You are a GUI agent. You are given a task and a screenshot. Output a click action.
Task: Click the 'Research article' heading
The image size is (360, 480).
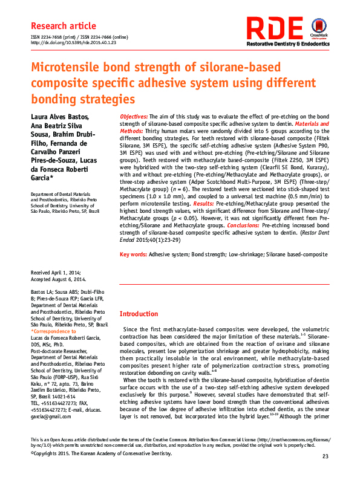(63, 26)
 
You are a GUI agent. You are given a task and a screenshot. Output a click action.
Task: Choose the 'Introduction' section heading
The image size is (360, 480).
(139, 314)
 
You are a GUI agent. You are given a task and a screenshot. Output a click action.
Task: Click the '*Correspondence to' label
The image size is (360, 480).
(53, 332)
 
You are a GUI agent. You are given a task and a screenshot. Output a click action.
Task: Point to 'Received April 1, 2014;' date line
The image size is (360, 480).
(58, 274)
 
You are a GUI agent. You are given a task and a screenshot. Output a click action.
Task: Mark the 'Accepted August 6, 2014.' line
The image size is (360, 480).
(59, 280)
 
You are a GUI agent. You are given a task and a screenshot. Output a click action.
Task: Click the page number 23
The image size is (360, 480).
(325, 456)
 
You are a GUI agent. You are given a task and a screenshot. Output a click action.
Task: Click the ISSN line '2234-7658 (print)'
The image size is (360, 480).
(57, 37)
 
